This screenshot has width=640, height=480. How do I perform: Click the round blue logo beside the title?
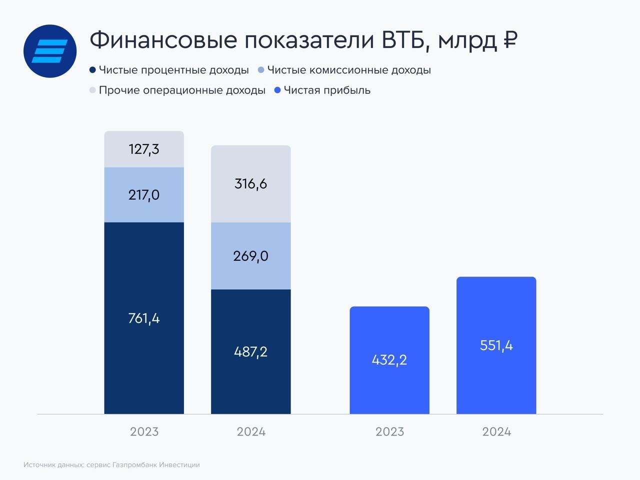50,51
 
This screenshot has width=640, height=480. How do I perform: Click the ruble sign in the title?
509,40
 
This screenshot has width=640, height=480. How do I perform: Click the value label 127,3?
144,149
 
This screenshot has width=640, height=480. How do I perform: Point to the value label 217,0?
144,195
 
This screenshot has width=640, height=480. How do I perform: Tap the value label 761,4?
144,318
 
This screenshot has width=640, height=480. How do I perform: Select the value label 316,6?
250,184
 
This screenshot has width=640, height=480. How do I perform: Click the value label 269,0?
250,256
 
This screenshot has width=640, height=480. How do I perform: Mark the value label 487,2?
250,352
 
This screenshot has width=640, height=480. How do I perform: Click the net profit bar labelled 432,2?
389,360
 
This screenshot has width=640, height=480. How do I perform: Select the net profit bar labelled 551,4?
496,345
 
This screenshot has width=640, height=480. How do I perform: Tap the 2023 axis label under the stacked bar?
144,432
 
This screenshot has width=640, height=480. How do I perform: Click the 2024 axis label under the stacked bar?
251,432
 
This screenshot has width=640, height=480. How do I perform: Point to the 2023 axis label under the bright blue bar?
389,432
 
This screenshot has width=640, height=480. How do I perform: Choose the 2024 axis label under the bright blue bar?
496,432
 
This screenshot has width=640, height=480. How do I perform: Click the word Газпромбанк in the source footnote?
134,465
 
